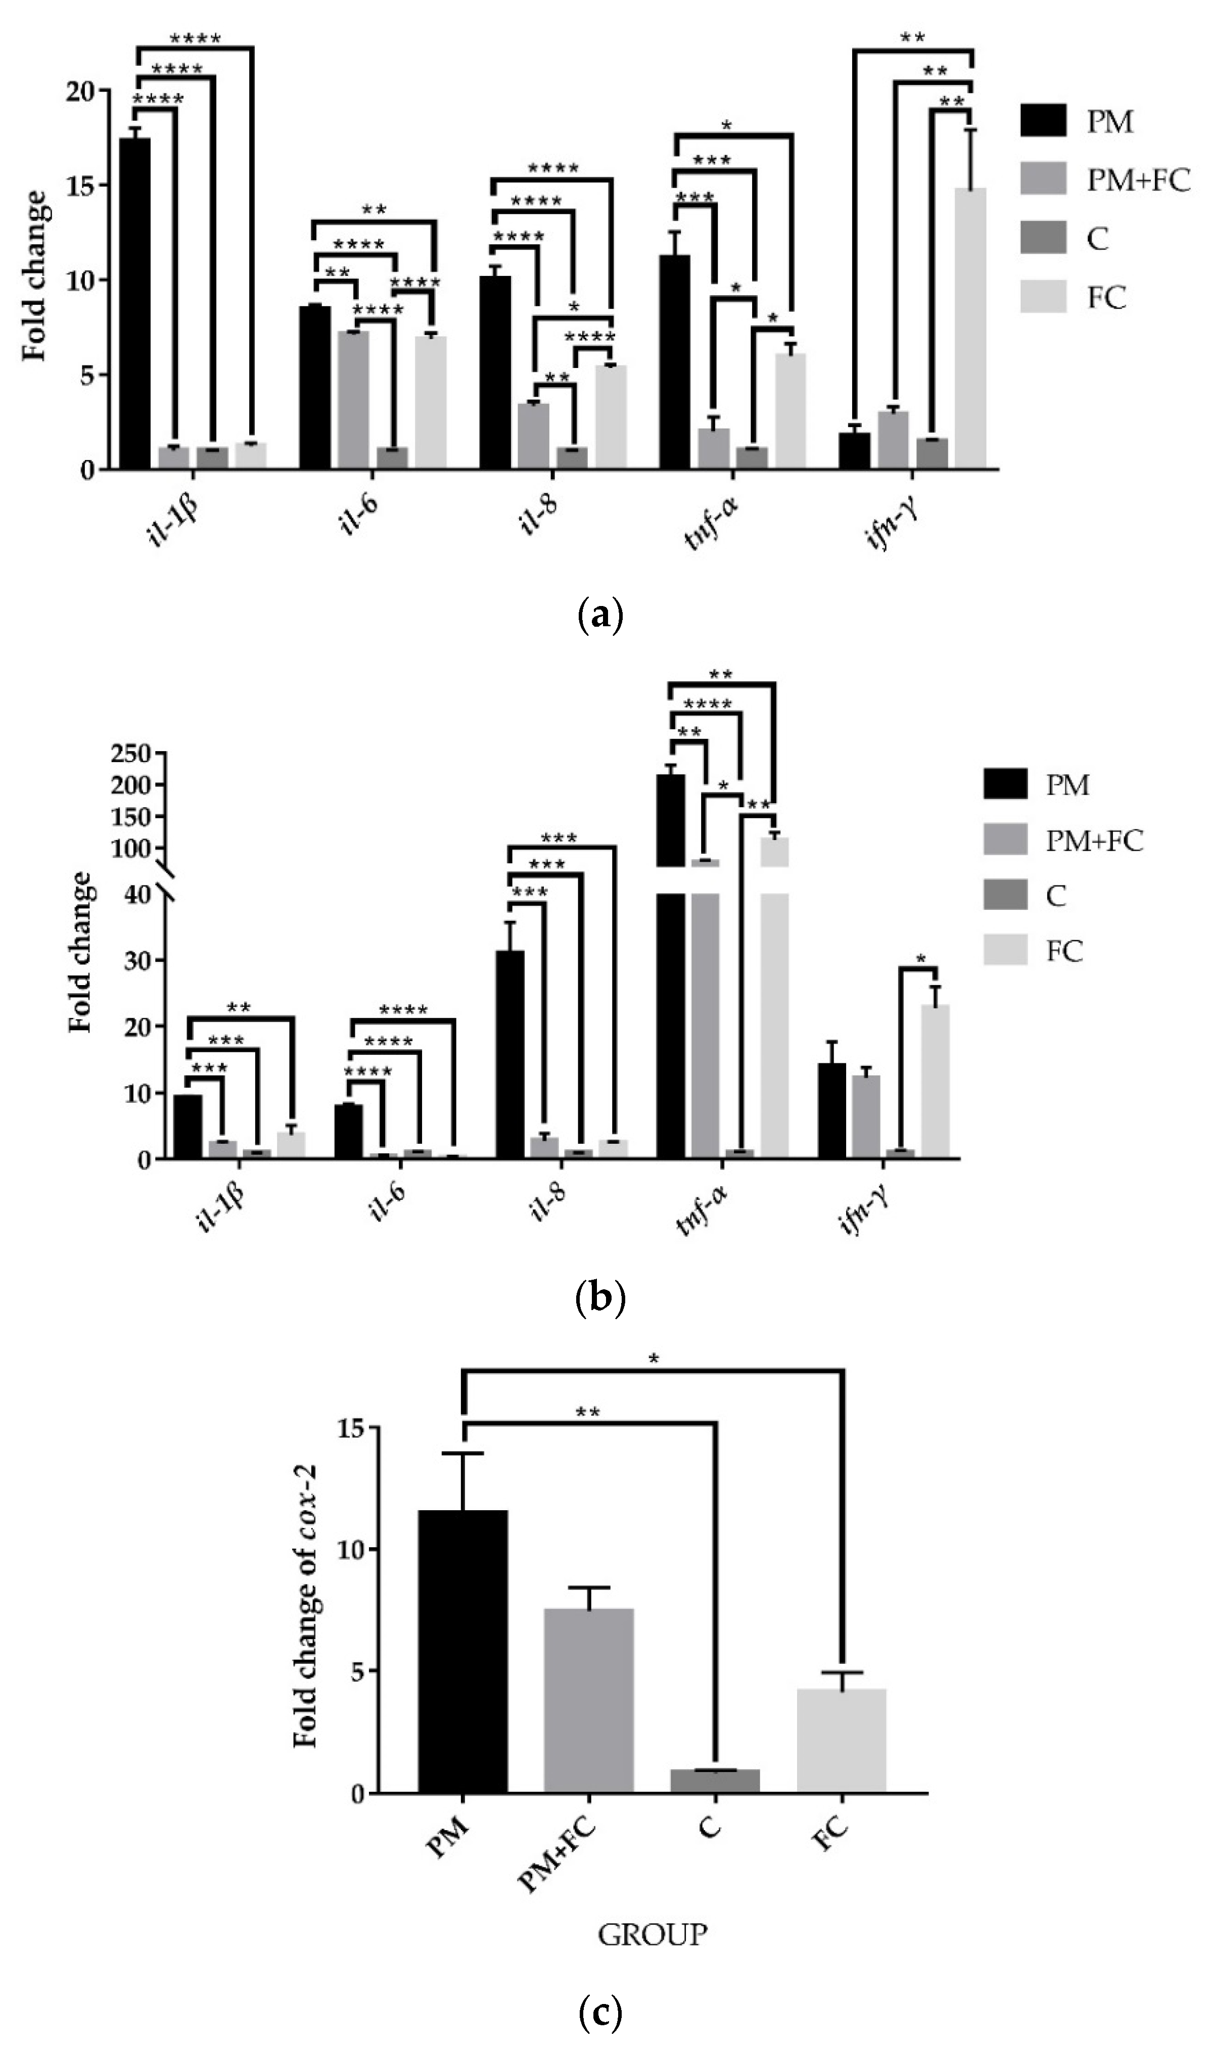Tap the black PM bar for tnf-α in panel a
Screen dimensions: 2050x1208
point(675,362)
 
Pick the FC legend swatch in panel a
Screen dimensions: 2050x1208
point(1043,298)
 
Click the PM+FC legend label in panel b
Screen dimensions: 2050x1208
point(1094,841)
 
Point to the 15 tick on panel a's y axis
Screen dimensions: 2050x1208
point(81,185)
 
